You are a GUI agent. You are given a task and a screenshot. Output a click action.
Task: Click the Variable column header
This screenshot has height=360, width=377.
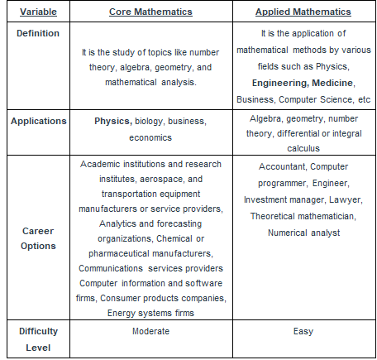[x=39, y=12]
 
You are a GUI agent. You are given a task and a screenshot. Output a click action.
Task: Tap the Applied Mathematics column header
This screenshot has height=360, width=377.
[x=303, y=12]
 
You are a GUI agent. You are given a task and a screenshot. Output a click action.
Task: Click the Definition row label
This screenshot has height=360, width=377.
[x=39, y=33]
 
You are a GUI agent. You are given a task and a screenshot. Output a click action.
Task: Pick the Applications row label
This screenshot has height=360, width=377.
[x=39, y=121]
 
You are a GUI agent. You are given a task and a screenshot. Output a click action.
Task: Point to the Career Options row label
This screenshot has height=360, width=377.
[x=39, y=238]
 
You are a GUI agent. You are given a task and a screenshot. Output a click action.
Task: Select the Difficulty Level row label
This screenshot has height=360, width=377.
[x=39, y=338]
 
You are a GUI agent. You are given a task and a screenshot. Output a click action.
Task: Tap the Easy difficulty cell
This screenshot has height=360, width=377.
[x=303, y=331]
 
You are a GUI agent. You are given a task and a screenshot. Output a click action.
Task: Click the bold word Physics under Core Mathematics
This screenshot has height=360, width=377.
[x=112, y=121]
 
